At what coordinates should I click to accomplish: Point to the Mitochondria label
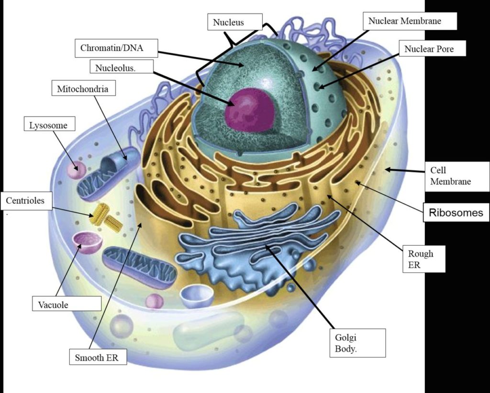pyautogui.click(x=83, y=89)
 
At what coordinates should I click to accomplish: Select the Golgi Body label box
pyautogui.click(x=358, y=343)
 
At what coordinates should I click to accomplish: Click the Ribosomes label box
pyautogui.click(x=456, y=213)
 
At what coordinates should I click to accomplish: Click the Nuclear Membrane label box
pyautogui.click(x=410, y=21)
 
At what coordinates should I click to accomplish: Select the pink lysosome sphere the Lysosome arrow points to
pyautogui.click(x=76, y=170)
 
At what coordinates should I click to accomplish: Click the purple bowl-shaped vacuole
pyautogui.click(x=87, y=241)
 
